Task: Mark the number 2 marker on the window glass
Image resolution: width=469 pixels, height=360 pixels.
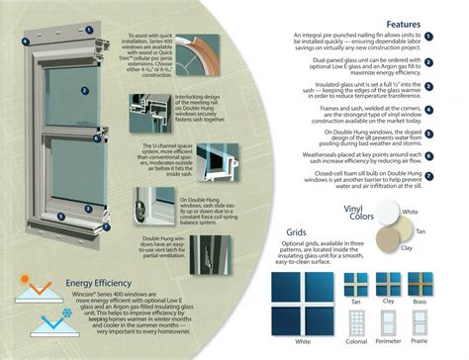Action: tap(85, 90)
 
